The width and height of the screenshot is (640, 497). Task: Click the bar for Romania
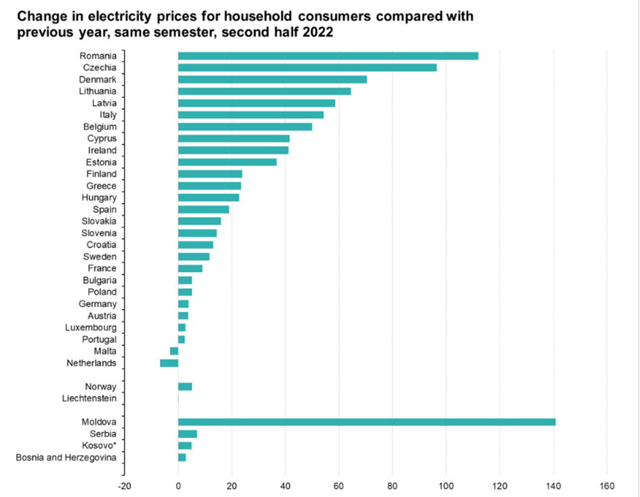click(x=328, y=56)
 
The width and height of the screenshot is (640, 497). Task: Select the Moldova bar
click(x=366, y=422)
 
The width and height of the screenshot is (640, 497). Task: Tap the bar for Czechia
click(x=307, y=67)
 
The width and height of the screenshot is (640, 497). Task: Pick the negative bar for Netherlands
click(x=169, y=363)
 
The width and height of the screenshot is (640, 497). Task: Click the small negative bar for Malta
click(x=174, y=351)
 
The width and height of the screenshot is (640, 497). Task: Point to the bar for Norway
click(x=185, y=386)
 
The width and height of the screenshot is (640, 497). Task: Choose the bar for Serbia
click(x=188, y=433)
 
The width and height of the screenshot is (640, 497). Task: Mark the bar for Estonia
click(x=227, y=162)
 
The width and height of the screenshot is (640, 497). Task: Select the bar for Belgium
click(x=244, y=127)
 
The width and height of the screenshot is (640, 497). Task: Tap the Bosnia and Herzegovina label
click(x=66, y=458)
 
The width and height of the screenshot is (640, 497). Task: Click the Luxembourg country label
click(x=91, y=327)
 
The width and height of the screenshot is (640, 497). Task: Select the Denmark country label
click(x=98, y=79)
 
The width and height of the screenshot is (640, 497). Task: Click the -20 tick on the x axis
click(x=124, y=485)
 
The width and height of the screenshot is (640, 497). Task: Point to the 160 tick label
click(x=606, y=485)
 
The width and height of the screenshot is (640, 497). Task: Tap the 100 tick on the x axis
click(x=446, y=485)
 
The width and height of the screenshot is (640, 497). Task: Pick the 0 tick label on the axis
click(x=178, y=485)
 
